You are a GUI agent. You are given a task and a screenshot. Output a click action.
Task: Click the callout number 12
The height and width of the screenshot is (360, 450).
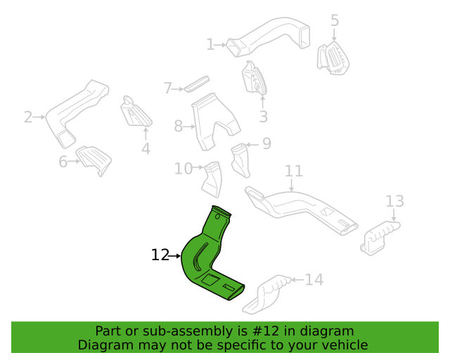pos(160,255)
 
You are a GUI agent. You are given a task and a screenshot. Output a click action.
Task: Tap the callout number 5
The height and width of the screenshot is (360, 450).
pos(335,20)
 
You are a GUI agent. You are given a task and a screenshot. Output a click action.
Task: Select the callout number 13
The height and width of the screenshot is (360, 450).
pos(394,201)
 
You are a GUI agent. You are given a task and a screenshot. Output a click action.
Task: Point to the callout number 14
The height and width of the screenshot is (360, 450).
pos(314,280)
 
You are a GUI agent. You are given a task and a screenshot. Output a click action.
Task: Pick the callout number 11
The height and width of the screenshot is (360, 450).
pos(294,171)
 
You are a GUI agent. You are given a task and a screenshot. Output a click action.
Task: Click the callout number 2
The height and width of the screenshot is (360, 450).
pos(28,117)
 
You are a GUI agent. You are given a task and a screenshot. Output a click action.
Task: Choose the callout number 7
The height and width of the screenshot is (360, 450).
pos(168,88)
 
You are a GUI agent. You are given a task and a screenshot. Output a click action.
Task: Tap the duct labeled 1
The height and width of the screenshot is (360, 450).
pos(270,36)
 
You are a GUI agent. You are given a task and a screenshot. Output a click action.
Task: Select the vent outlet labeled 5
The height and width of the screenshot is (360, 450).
pos(333,58)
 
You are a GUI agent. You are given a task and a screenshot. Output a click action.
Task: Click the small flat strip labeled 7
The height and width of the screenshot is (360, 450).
pos(197,84)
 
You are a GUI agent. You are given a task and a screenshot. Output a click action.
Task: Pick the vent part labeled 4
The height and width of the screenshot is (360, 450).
pos(136,112)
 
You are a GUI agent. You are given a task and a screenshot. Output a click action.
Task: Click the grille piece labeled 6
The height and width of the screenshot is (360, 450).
pos(94,160)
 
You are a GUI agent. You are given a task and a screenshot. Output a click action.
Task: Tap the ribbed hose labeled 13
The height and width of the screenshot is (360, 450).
pos(380,238)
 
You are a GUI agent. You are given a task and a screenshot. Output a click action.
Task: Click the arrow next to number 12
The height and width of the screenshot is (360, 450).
pos(175,255)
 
